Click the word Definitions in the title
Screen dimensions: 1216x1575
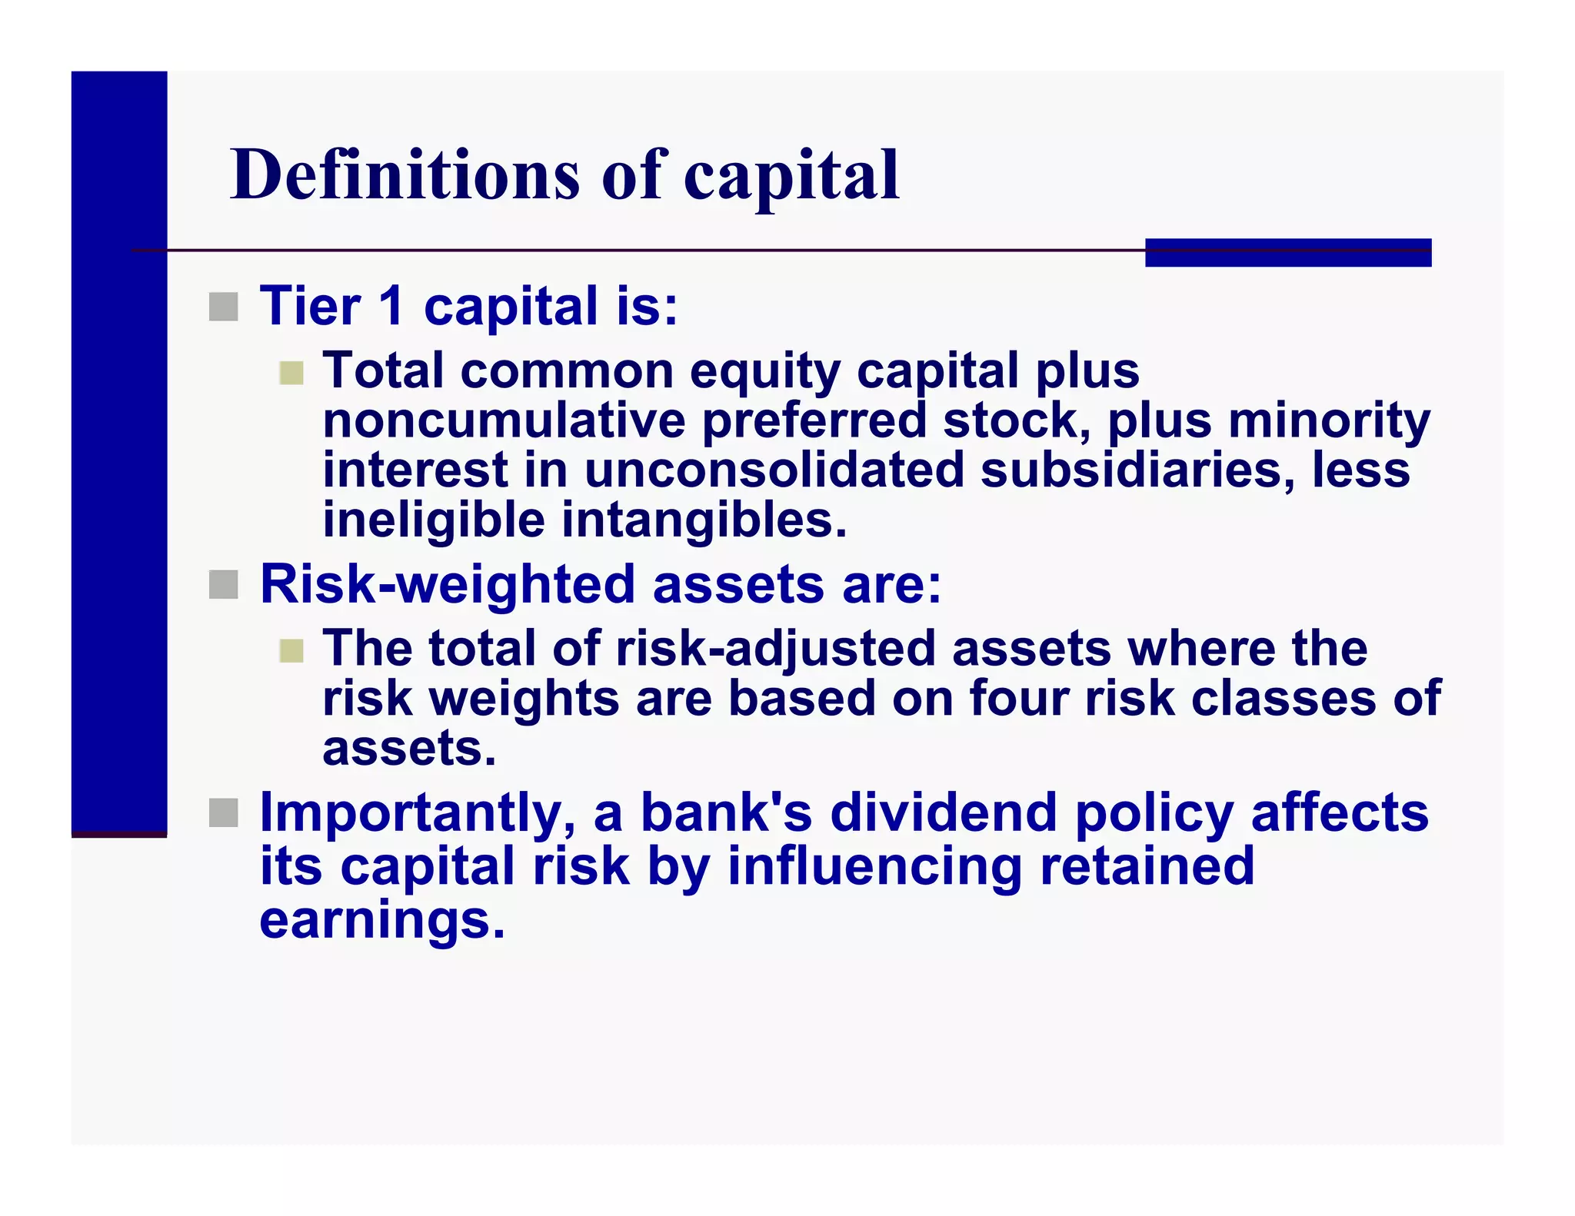coord(405,175)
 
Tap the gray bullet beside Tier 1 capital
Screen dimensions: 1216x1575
coord(223,307)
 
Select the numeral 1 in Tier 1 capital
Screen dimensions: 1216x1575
coord(391,306)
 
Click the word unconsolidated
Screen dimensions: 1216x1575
coord(774,470)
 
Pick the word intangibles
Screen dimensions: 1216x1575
coord(704,520)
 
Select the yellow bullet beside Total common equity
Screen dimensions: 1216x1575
coord(291,374)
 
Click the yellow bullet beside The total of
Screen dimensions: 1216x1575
coord(291,652)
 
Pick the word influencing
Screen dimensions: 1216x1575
coord(874,866)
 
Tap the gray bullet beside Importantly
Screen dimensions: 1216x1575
coord(223,813)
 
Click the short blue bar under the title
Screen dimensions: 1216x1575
coord(1287,252)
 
